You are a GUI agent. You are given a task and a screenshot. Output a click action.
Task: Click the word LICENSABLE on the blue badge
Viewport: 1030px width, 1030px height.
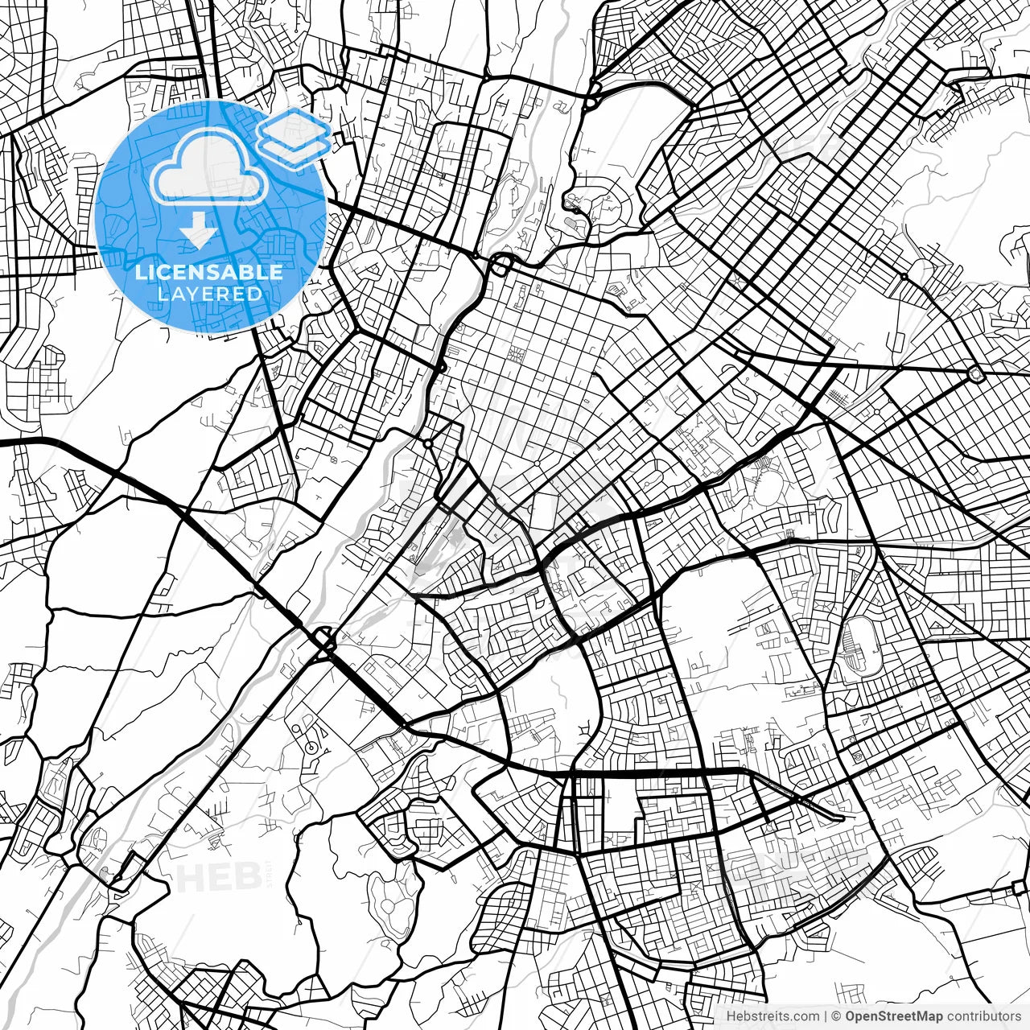click(x=209, y=272)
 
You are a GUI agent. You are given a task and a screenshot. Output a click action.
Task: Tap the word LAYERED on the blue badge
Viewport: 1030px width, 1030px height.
click(x=209, y=294)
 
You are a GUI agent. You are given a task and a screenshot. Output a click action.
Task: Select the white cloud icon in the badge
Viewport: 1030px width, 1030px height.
click(x=209, y=167)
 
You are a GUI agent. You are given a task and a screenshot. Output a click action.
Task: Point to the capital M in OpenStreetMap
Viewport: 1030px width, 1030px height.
click(x=921, y=1016)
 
